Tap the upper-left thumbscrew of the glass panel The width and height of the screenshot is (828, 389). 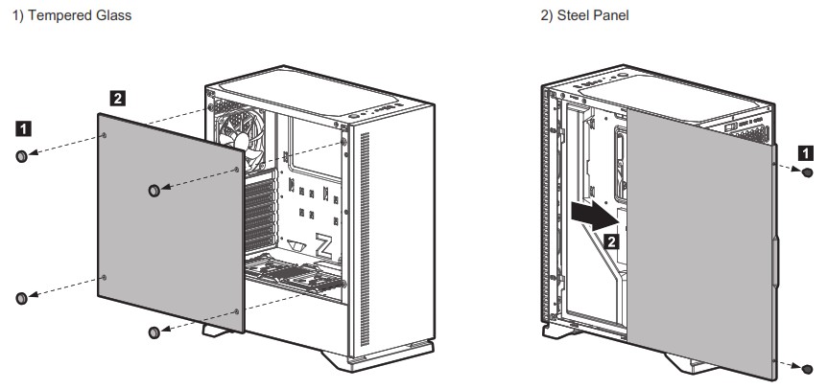pyautogui.click(x=22, y=156)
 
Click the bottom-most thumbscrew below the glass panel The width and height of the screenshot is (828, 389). pyautogui.click(x=153, y=332)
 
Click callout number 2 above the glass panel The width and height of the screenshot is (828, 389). pyautogui.click(x=117, y=97)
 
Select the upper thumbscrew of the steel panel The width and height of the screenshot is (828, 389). pyautogui.click(x=806, y=172)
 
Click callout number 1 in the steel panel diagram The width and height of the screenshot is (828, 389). pyautogui.click(x=808, y=150)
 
